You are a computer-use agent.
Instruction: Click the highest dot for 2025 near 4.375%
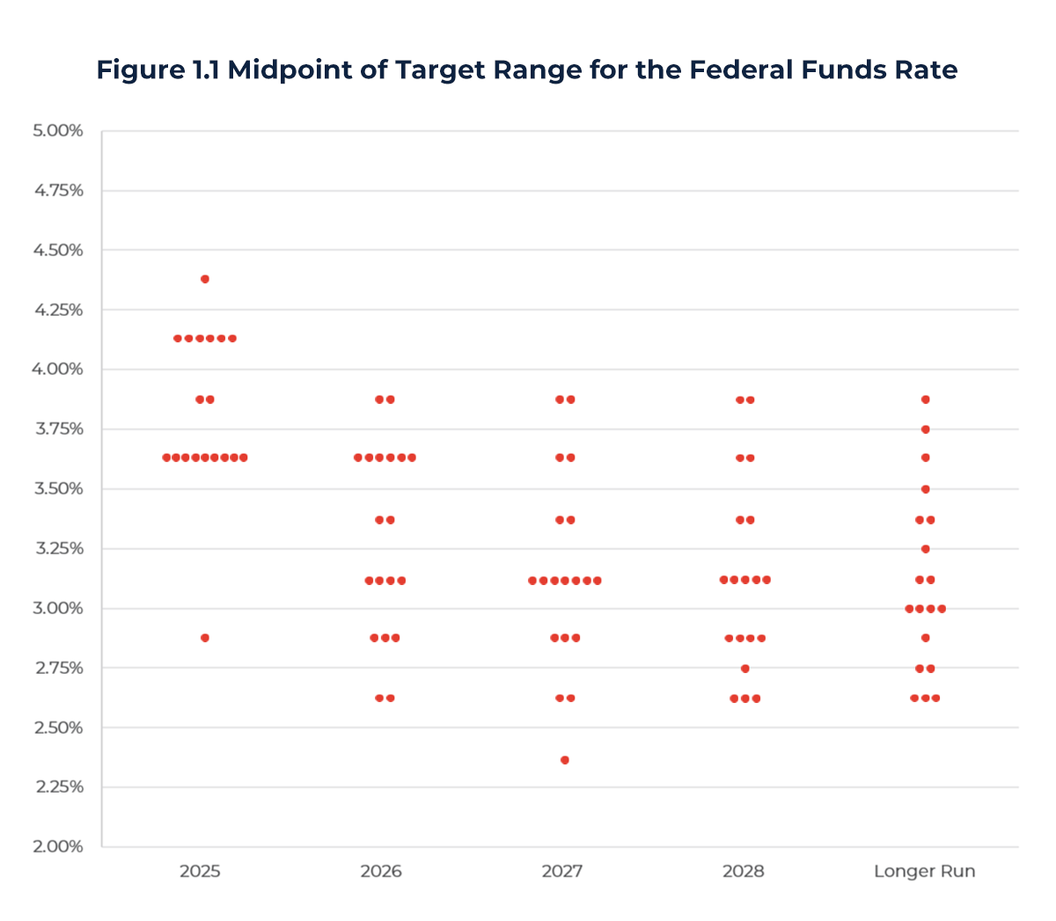point(205,279)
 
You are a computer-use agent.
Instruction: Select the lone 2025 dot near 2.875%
point(205,638)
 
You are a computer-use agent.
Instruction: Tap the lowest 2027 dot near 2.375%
point(565,760)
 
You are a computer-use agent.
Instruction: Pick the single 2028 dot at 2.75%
point(745,669)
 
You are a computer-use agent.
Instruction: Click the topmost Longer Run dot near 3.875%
point(926,399)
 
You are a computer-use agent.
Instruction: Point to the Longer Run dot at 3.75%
point(926,429)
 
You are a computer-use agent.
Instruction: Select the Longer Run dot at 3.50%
point(926,489)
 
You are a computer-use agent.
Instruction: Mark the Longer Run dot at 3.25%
point(926,549)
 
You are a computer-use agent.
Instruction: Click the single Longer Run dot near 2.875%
point(926,638)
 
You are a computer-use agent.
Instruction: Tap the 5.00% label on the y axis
point(58,131)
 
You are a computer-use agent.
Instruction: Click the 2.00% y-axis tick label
point(58,846)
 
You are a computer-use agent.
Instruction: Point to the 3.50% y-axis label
point(58,488)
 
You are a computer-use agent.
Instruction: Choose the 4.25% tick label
point(58,310)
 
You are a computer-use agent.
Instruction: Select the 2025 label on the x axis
point(200,872)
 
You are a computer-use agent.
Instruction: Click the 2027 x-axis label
point(561,872)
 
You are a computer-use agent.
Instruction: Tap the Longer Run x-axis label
point(924,872)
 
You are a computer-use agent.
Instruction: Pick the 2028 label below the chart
point(743,872)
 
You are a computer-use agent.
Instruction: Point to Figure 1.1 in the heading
point(158,69)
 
